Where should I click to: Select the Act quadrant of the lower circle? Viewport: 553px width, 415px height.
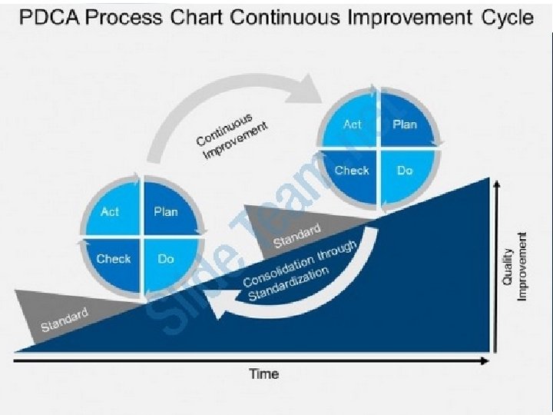point(111,211)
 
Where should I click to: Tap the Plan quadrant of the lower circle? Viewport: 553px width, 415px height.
point(165,211)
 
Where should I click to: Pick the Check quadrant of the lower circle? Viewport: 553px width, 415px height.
point(113,259)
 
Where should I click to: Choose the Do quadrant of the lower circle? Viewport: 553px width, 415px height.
point(165,259)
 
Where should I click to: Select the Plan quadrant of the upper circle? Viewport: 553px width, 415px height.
point(405,124)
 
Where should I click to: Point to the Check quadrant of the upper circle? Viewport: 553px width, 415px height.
point(352,171)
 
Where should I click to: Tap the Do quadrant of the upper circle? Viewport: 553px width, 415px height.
point(405,171)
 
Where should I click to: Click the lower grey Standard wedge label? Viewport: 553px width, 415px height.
point(65,320)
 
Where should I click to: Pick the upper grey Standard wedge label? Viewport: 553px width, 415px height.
point(296,235)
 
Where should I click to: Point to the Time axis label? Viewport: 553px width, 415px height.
point(263,374)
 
